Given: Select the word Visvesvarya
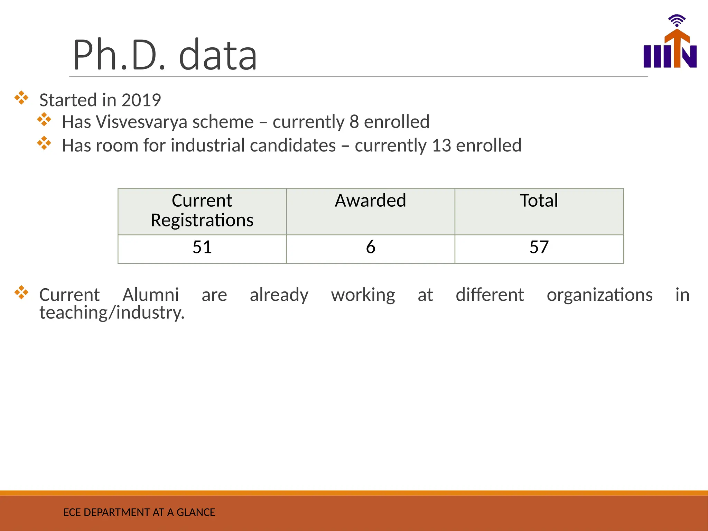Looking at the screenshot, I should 142,122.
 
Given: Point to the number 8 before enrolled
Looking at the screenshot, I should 354,122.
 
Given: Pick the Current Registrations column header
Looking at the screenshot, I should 202,210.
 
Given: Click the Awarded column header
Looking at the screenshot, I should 370,201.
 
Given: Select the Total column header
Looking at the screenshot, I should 539,201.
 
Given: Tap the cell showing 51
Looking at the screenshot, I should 202,247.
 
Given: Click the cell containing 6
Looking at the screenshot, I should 370,247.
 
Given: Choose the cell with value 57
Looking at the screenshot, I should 539,247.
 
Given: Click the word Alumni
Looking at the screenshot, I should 150,295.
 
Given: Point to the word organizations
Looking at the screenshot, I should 599,295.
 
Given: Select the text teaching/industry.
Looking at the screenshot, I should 112,313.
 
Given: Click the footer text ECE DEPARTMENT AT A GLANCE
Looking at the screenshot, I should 139,512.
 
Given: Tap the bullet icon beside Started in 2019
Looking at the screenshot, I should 21,98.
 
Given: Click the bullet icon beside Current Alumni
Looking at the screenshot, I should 21,292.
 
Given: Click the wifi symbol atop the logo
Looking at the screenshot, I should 677,20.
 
